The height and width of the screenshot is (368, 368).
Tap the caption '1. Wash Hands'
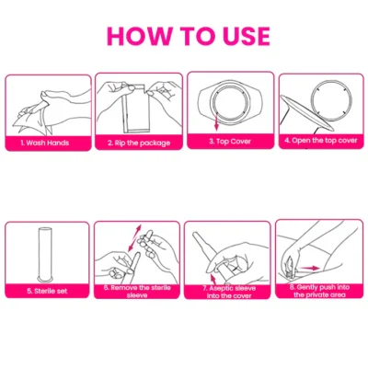(x=45, y=143)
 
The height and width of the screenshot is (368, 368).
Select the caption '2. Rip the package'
(x=139, y=143)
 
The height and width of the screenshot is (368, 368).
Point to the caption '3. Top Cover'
(x=230, y=142)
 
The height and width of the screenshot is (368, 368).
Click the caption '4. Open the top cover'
(x=321, y=141)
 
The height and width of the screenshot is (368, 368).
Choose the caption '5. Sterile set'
(x=47, y=291)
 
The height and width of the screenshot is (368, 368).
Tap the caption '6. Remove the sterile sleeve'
(x=137, y=292)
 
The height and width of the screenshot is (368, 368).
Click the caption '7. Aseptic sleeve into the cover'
(x=229, y=292)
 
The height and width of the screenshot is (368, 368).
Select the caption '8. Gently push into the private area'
(x=319, y=291)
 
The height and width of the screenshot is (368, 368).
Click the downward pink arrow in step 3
(x=216, y=121)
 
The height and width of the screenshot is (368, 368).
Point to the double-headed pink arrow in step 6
(x=134, y=238)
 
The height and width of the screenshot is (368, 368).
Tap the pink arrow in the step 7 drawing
(x=213, y=280)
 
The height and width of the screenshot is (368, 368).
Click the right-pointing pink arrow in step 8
(x=311, y=268)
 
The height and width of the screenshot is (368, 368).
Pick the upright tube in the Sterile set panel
(x=45, y=252)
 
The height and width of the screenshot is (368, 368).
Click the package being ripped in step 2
(x=136, y=109)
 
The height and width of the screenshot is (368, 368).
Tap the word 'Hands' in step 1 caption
(x=58, y=143)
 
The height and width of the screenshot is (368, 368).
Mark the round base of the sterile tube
(x=45, y=279)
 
